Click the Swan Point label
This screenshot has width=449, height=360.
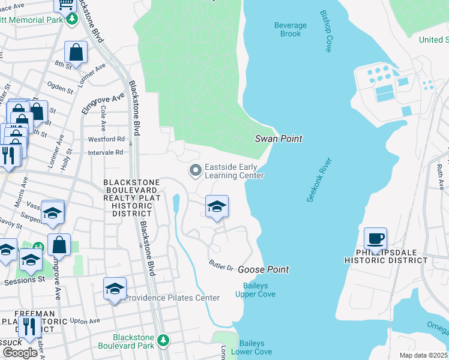[278, 139]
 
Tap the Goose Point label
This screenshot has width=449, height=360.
[264, 269]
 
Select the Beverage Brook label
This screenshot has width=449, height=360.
[290, 29]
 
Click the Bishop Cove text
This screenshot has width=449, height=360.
[326, 31]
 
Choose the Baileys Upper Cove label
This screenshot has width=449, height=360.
[259, 290]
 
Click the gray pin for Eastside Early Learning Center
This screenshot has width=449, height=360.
[195, 171]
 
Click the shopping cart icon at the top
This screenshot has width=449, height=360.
[65, 5]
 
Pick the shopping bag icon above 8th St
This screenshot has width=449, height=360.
[76, 53]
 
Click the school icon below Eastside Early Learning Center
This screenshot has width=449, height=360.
[217, 208]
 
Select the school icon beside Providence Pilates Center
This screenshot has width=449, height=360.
[115, 289]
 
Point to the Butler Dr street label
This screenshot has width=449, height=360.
[220, 265]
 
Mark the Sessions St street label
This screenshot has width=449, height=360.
[25, 280]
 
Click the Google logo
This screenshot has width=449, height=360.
[19, 352]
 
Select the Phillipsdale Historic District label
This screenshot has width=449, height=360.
[386, 256]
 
